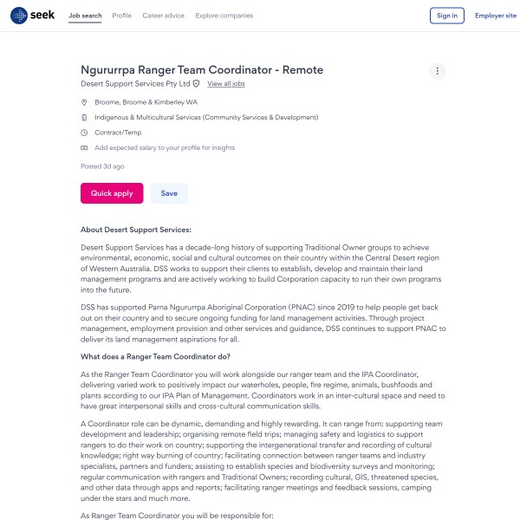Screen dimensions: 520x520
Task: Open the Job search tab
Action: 85,16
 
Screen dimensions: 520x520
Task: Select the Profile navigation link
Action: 121,16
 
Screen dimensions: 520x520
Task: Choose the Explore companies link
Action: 224,16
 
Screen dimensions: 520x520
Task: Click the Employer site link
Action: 495,16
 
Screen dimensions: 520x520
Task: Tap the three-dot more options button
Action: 438,71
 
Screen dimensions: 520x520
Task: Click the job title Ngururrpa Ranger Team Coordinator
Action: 201,70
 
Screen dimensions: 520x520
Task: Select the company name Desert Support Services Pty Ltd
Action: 135,84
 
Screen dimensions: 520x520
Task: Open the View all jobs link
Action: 226,84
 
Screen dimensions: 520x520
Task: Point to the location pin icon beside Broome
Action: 84,102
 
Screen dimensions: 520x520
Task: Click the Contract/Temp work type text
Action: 118,133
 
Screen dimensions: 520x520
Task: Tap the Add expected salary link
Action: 165,148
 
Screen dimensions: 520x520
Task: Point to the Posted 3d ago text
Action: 102,166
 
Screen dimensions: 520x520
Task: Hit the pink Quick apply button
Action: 112,193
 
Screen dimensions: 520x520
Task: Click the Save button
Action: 169,193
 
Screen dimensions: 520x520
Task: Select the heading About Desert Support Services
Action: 135,230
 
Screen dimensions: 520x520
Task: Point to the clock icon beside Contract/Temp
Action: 84,133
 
